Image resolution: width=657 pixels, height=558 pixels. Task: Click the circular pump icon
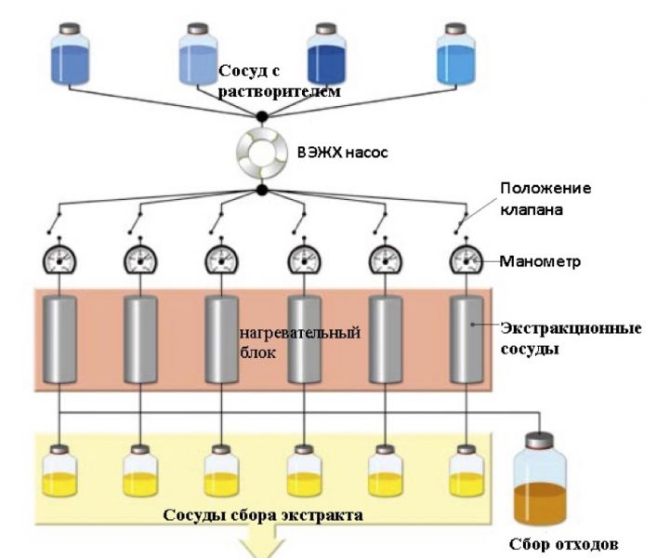click(262, 153)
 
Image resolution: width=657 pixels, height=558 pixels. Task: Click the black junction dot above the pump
click(262, 116)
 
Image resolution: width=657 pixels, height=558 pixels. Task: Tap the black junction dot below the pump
click(262, 190)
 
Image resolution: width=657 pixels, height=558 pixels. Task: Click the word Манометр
click(541, 261)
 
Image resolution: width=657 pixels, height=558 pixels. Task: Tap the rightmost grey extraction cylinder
click(465, 340)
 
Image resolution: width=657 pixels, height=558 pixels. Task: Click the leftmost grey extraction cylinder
click(60, 340)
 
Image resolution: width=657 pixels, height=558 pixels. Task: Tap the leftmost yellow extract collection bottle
click(60, 473)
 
